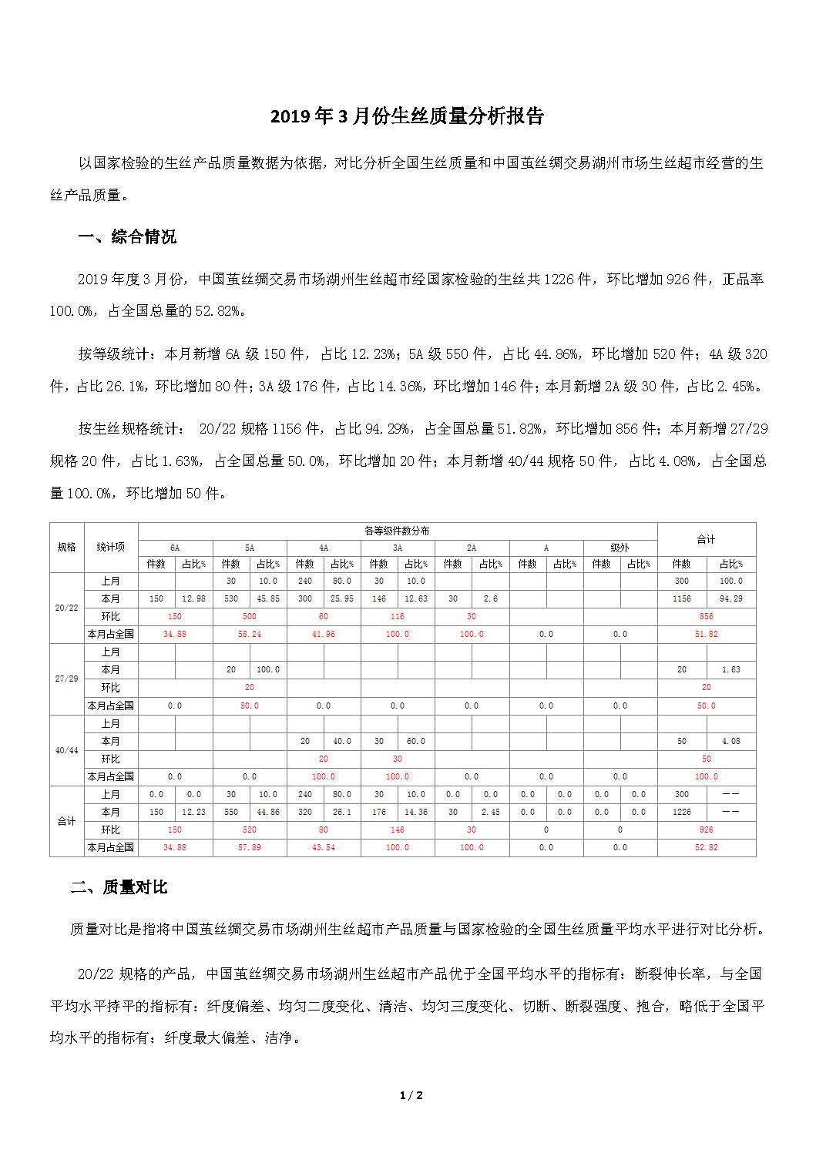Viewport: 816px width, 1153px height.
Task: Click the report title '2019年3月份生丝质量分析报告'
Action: coord(407,116)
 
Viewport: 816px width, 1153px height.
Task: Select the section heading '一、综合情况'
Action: coord(127,236)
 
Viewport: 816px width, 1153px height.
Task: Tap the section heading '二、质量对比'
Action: coord(119,887)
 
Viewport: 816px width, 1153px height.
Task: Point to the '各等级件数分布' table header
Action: coord(397,531)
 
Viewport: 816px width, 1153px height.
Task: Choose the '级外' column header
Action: coord(620,548)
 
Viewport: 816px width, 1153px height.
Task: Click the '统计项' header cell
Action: coord(110,547)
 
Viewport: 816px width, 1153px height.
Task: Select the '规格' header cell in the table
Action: coord(67,547)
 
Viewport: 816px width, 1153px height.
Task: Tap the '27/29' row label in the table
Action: coord(67,679)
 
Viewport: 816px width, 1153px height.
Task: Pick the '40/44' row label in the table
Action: coord(67,750)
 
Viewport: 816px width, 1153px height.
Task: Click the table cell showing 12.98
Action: coord(193,598)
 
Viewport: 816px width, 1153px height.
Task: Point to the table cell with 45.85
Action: coord(267,598)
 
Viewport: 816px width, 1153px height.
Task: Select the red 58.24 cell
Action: coord(249,634)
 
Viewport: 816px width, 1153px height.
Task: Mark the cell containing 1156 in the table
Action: coord(682,598)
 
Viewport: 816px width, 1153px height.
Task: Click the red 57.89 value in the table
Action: coord(249,847)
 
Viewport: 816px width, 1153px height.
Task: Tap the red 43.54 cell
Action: coord(323,847)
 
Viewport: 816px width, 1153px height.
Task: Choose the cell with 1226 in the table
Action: coord(682,812)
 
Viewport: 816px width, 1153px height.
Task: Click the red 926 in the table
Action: coord(706,830)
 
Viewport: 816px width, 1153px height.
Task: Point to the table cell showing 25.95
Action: coord(341,598)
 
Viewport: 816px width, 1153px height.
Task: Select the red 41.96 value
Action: coord(323,634)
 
